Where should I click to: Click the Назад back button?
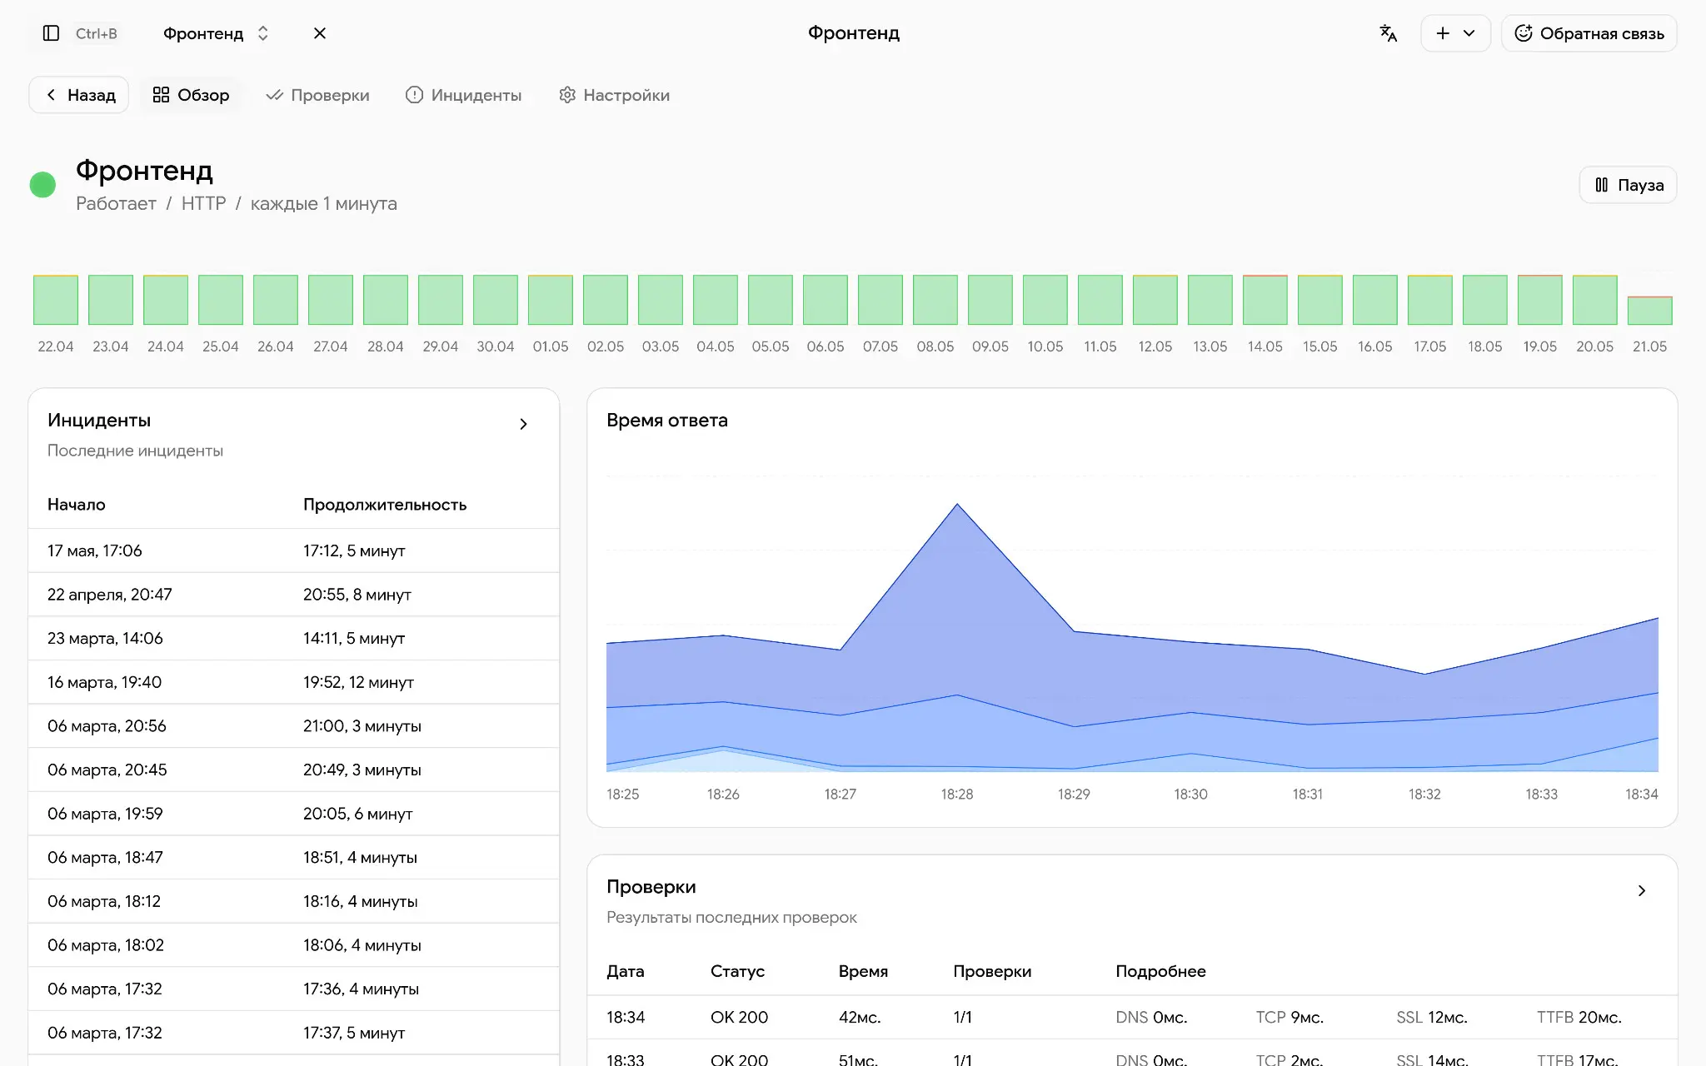[79, 95]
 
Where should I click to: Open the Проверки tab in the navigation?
[317, 95]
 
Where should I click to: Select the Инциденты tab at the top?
[463, 95]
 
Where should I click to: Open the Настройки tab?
[614, 95]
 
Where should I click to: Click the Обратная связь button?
[1589, 33]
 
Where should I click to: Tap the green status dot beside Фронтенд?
[42, 185]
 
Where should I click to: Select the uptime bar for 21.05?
[1649, 310]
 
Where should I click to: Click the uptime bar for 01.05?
[551, 300]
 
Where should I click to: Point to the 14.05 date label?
[1265, 346]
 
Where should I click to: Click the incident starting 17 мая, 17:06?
[95, 550]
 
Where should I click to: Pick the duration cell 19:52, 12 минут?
[358, 682]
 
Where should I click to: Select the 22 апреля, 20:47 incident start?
[110, 595]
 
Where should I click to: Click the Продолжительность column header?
[385, 505]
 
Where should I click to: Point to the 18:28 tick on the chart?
[957, 795]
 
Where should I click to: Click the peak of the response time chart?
[957, 504]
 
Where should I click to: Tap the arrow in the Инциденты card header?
[523, 424]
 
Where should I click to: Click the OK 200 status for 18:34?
[739, 1017]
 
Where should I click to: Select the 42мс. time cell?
[860, 1017]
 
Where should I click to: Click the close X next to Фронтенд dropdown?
[320, 33]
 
